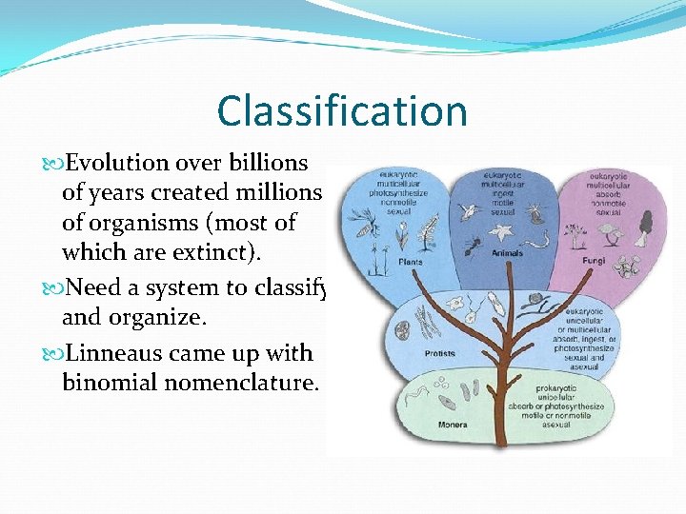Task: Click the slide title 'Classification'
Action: click(342, 110)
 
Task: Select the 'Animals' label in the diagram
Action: click(507, 254)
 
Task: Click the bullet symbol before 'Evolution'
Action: click(53, 163)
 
